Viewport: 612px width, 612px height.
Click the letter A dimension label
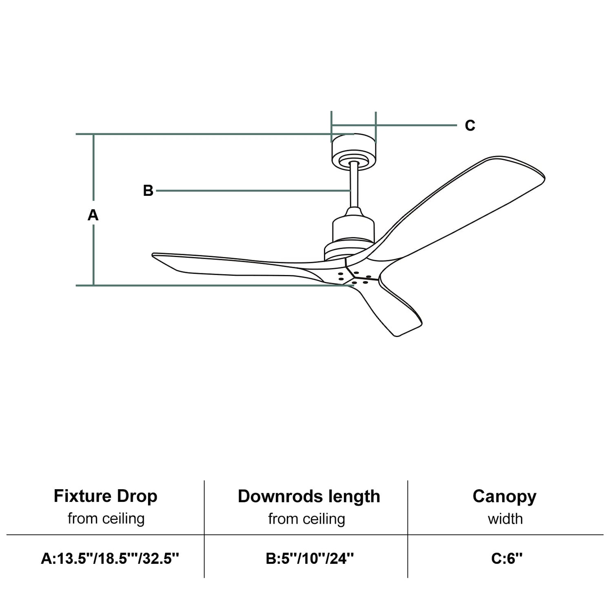point(93,215)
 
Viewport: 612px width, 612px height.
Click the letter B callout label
point(148,191)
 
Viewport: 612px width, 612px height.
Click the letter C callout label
point(470,125)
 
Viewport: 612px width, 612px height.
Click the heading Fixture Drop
point(106,496)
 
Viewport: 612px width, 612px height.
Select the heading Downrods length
point(309,496)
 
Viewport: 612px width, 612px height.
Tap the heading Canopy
point(505,496)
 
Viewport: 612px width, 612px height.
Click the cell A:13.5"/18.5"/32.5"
point(110,558)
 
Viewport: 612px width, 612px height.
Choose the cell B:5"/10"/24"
point(310,558)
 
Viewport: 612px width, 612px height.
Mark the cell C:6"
point(507,558)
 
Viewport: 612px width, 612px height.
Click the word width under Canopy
point(505,519)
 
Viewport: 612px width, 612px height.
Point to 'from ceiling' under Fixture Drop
point(106,519)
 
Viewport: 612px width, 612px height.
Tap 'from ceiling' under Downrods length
point(306,519)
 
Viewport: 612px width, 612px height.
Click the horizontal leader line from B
point(253,191)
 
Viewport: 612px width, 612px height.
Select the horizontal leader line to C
point(416,125)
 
